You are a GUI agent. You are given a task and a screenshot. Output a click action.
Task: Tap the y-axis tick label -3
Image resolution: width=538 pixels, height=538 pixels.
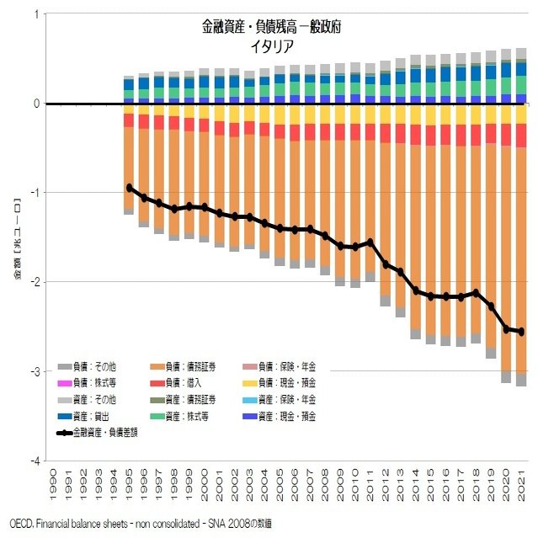click(35, 371)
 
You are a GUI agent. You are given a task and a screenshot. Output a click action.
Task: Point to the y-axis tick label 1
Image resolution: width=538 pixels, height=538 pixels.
click(36, 14)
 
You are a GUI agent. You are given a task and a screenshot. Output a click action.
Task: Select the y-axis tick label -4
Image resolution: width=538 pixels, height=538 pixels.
click(35, 461)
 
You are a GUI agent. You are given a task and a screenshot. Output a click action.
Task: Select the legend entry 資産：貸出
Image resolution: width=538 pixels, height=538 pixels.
click(98, 416)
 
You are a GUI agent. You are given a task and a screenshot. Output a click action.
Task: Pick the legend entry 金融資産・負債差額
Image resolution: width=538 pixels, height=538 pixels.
click(104, 433)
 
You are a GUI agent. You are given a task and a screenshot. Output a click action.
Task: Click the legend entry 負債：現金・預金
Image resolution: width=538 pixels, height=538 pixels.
click(286, 383)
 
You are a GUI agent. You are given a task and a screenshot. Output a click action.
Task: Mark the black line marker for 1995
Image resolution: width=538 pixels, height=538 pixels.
click(129, 187)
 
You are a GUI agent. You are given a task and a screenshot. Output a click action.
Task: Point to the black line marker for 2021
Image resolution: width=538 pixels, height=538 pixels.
click(522, 332)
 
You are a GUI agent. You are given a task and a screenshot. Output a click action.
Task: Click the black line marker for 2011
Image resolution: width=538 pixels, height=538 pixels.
click(370, 242)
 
